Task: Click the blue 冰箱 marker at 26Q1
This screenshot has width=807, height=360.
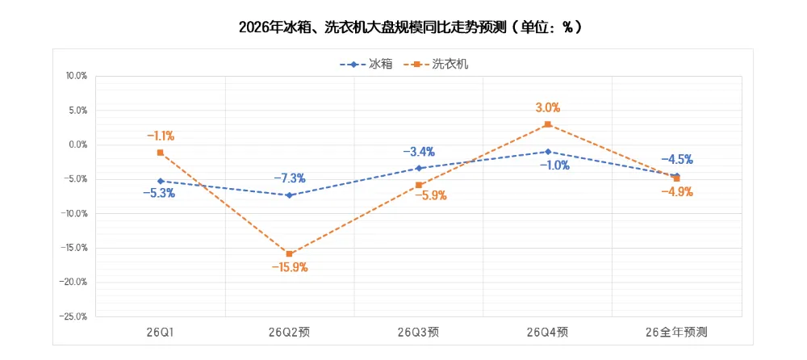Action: click(161, 182)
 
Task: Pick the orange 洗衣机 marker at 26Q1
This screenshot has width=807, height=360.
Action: click(161, 153)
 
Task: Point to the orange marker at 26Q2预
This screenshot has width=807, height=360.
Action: click(289, 254)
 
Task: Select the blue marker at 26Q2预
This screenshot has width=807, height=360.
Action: click(289, 195)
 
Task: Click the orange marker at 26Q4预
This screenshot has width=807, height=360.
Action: click(547, 124)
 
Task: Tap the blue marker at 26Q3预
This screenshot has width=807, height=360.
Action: click(418, 168)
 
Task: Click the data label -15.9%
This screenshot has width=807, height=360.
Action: click(289, 268)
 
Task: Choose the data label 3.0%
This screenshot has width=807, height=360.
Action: click(547, 107)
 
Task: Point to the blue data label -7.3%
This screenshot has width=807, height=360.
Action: click(289, 178)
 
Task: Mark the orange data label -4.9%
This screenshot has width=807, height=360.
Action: click(676, 192)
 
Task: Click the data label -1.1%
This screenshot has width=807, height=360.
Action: click(161, 136)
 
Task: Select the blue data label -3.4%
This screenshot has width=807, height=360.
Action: click(418, 151)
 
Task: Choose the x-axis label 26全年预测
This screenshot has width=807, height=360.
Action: click(676, 332)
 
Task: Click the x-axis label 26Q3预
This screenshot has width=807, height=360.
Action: click(418, 332)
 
